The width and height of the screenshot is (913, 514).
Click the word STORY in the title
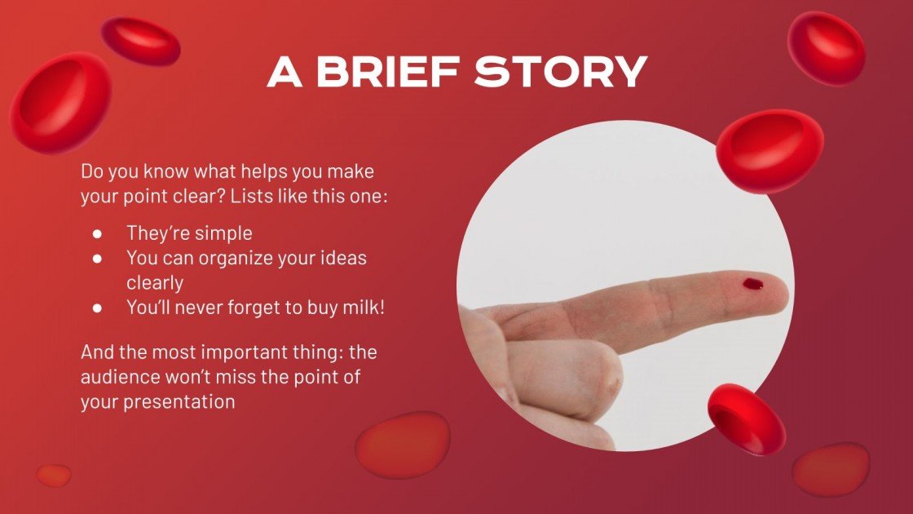561,72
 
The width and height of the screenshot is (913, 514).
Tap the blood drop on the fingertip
752,284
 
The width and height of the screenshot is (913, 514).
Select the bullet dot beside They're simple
97,233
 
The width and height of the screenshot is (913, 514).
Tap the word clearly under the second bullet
155,282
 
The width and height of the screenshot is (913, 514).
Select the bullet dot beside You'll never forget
97,308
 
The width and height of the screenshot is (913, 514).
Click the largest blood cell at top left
60,103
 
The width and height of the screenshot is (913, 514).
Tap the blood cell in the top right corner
826,48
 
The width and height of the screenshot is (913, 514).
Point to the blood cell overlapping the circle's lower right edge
746,419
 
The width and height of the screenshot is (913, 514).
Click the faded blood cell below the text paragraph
403,445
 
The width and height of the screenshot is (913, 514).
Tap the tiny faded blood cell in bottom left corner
54,475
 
